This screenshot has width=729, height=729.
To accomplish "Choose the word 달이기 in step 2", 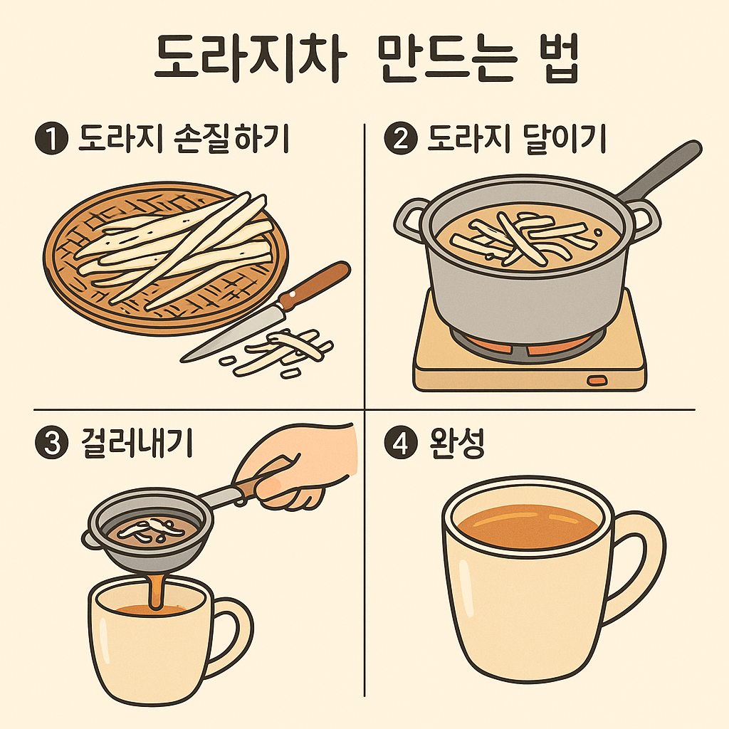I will [x=555, y=139].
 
